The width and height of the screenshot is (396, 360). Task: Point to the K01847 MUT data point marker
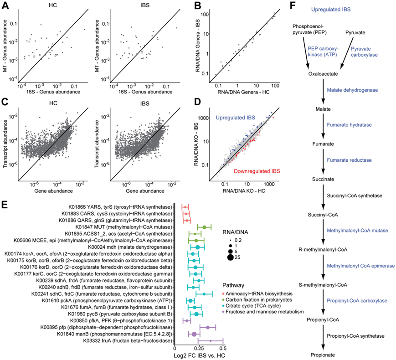click(x=205, y=226)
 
